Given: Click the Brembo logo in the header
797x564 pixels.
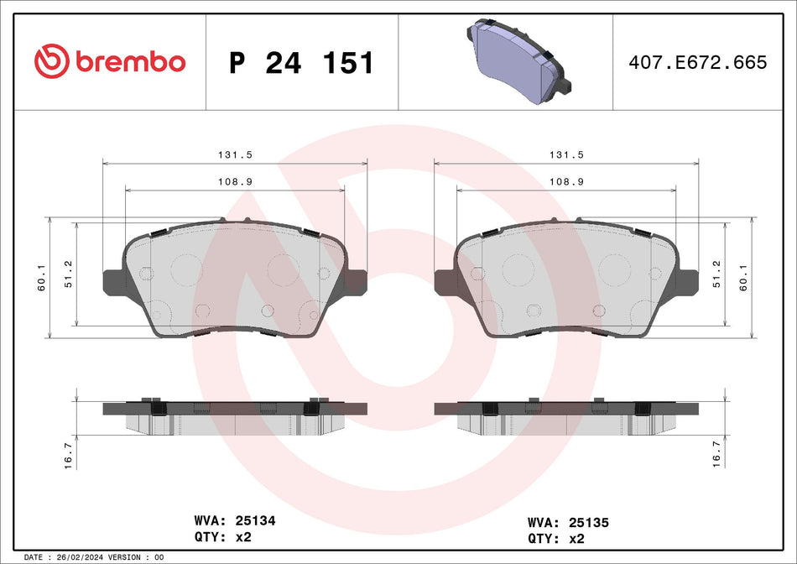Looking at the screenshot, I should click(109, 61).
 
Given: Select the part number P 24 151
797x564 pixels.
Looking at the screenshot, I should click(301, 63).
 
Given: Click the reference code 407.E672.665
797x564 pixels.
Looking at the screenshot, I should click(698, 62).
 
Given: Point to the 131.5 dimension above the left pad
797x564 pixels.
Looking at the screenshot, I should click(235, 154).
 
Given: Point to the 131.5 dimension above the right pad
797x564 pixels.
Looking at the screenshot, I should click(566, 154).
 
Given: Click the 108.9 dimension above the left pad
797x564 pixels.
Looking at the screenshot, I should click(235, 181).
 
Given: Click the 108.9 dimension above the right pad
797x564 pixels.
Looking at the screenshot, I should click(566, 181).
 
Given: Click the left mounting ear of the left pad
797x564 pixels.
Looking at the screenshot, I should click(113, 281).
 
